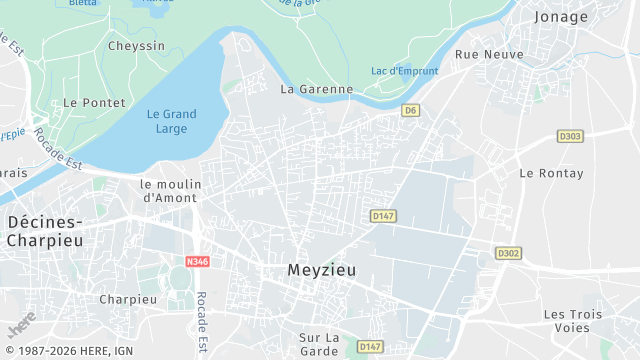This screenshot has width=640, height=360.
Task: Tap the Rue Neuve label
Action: click(489, 54)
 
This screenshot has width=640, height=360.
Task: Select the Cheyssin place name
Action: click(136, 45)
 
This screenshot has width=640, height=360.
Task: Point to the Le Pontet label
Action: click(94, 102)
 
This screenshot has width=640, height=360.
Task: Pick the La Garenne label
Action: click(317, 88)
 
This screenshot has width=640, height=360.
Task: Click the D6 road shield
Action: click(410, 110)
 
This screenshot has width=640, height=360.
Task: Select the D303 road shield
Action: click(570, 136)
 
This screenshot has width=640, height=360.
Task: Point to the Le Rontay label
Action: click(544, 172)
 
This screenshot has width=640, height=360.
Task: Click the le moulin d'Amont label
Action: click(171, 190)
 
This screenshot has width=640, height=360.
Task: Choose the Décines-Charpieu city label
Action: click(44, 231)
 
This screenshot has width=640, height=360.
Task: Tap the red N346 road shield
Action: click(197, 261)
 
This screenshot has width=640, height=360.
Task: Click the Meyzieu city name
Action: click(321, 269)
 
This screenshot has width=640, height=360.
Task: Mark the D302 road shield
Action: click(508, 253)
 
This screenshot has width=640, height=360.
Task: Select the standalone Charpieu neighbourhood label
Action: click(128, 299)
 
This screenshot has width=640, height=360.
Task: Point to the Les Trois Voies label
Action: click(573, 320)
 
